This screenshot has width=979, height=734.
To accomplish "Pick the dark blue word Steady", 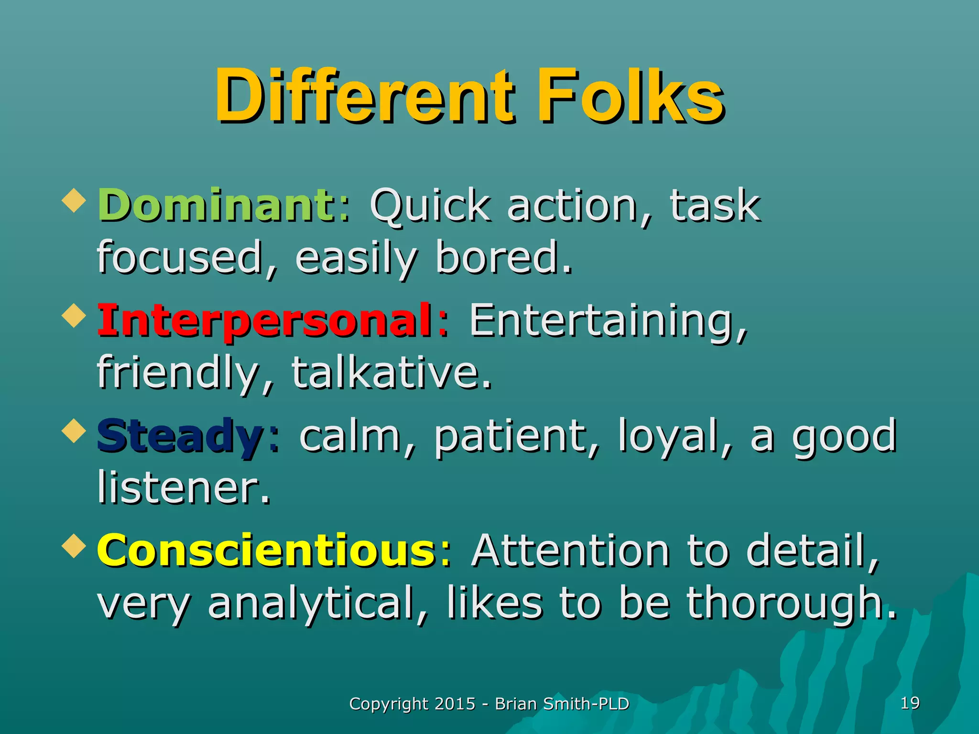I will (x=180, y=436).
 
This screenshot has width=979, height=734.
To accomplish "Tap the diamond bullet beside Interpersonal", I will (x=74, y=315).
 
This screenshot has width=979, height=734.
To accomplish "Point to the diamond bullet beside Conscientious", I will (x=74, y=546).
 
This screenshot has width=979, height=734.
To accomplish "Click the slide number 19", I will (x=910, y=703).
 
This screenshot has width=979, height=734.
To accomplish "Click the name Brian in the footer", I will (x=515, y=704).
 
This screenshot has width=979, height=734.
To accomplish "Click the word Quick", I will (x=430, y=206).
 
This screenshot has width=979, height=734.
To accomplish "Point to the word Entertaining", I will (x=607, y=321).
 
